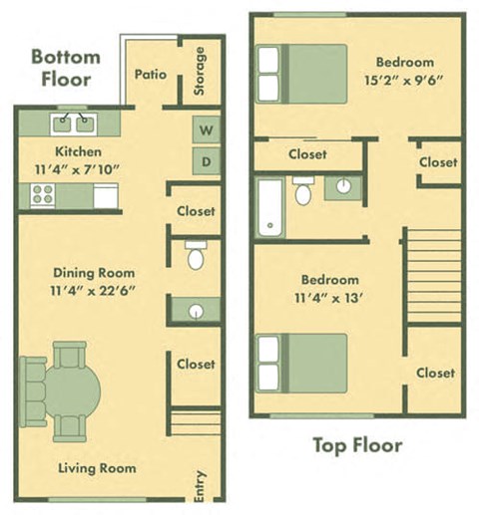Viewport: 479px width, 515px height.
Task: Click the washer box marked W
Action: tap(207, 129)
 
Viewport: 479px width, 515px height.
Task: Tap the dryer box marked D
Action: tap(207, 160)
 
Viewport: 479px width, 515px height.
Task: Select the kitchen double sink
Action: tap(72, 124)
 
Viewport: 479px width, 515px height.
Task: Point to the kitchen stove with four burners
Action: tap(43, 195)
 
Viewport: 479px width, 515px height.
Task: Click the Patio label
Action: tap(151, 74)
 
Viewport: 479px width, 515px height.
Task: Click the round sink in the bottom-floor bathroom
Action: tap(196, 311)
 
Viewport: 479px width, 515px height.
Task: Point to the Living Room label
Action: tap(96, 468)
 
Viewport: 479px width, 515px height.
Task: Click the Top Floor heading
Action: tap(357, 445)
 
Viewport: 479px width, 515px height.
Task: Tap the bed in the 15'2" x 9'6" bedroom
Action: tap(301, 74)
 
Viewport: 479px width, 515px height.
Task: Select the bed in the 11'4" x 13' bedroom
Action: tap(301, 363)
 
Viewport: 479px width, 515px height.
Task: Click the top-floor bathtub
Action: tap(270, 207)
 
